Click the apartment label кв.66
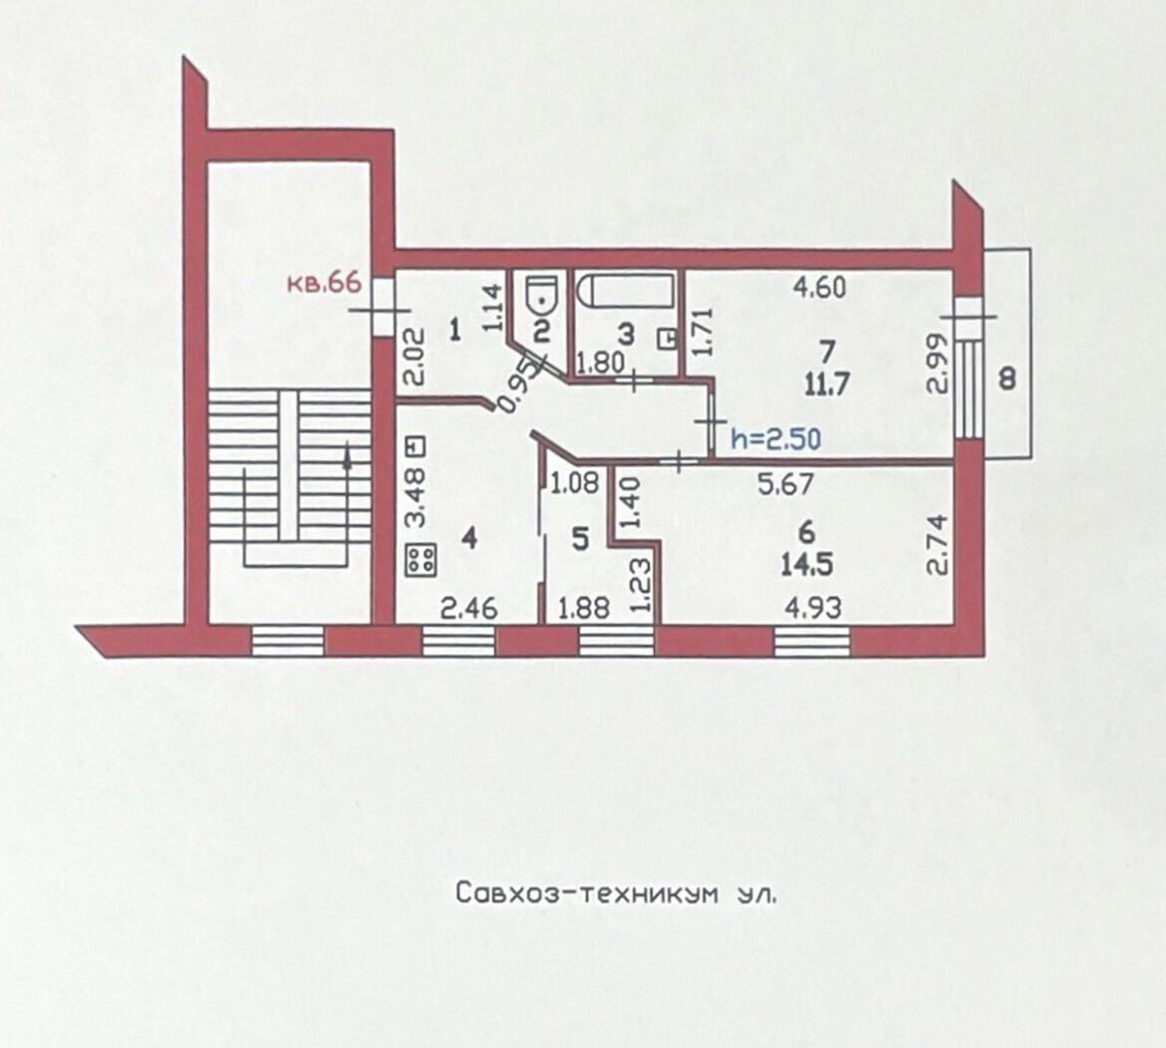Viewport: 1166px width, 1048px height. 325,283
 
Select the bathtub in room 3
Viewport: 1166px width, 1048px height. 627,290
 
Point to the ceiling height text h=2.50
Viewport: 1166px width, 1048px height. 775,438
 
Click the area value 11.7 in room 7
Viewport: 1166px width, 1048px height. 826,385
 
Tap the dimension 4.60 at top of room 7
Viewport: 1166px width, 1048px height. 819,287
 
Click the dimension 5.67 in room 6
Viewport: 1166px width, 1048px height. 785,485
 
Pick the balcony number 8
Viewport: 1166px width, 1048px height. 1008,380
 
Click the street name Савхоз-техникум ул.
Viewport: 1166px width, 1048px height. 617,893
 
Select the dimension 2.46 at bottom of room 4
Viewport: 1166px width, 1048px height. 468,610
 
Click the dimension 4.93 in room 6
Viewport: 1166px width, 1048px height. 814,608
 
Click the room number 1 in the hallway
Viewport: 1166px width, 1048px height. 455,330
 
